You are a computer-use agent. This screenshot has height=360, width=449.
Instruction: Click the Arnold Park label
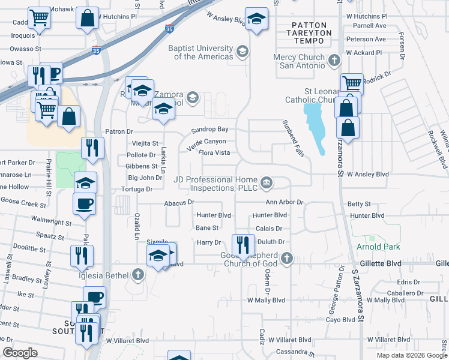pos(378,247)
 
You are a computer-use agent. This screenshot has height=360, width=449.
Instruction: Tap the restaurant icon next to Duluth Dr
pos(243,244)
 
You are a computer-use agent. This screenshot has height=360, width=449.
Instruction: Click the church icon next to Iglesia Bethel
pos(139,275)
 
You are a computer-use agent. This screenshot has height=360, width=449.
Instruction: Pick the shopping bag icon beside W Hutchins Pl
pos(88,18)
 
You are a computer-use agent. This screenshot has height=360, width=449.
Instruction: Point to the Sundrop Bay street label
pos(209,130)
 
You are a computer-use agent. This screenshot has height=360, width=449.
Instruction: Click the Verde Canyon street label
pos(206,142)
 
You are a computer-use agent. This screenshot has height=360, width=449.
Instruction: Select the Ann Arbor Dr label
pos(285,202)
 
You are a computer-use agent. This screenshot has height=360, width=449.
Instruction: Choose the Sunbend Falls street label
pos(294,138)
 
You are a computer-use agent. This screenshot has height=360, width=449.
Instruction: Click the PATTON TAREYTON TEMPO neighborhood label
pos(307,33)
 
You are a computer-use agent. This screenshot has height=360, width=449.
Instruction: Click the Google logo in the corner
pos(20,353)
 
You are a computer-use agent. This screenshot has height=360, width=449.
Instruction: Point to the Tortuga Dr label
pos(137,189)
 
